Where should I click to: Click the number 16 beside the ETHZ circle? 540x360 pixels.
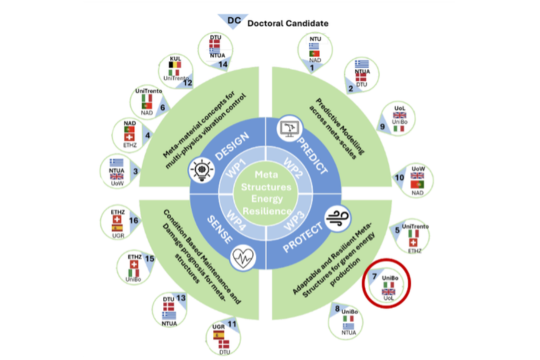(x=133, y=219)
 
